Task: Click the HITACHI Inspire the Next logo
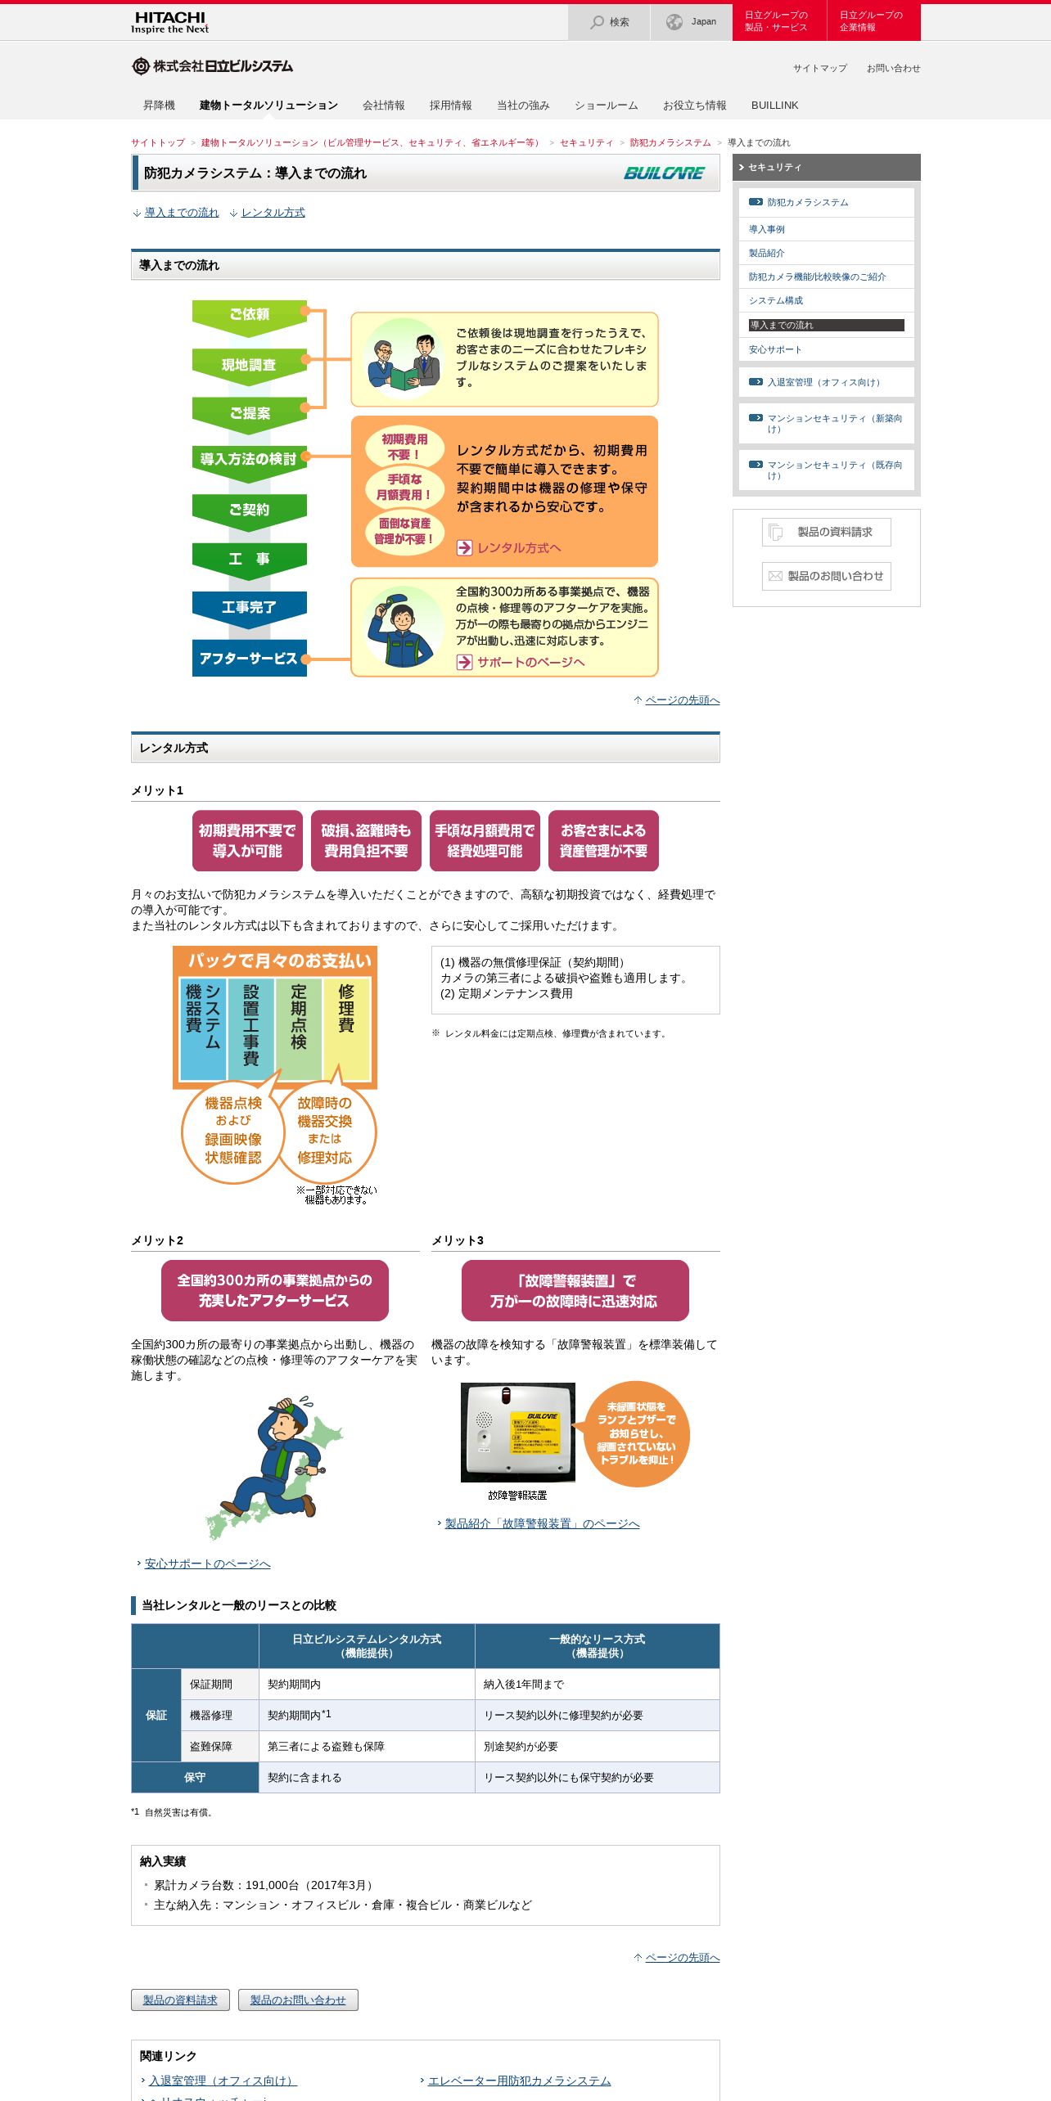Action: point(170,22)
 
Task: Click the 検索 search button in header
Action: point(609,22)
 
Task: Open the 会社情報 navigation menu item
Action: point(383,106)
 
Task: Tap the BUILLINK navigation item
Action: point(774,106)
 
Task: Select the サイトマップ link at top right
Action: point(819,69)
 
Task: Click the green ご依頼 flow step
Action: point(249,314)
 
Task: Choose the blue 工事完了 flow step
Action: point(249,607)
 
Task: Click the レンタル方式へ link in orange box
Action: point(518,548)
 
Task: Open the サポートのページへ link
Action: point(530,663)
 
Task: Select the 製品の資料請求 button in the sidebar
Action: point(826,532)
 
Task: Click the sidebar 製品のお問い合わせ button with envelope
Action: point(826,576)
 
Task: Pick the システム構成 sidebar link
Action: point(776,301)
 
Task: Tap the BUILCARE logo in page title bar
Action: point(664,173)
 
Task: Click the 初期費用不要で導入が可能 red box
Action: point(247,841)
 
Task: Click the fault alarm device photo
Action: point(518,1432)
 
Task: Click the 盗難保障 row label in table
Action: point(211,1747)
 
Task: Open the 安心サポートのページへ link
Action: point(207,1564)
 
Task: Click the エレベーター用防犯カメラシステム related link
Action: point(519,2081)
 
